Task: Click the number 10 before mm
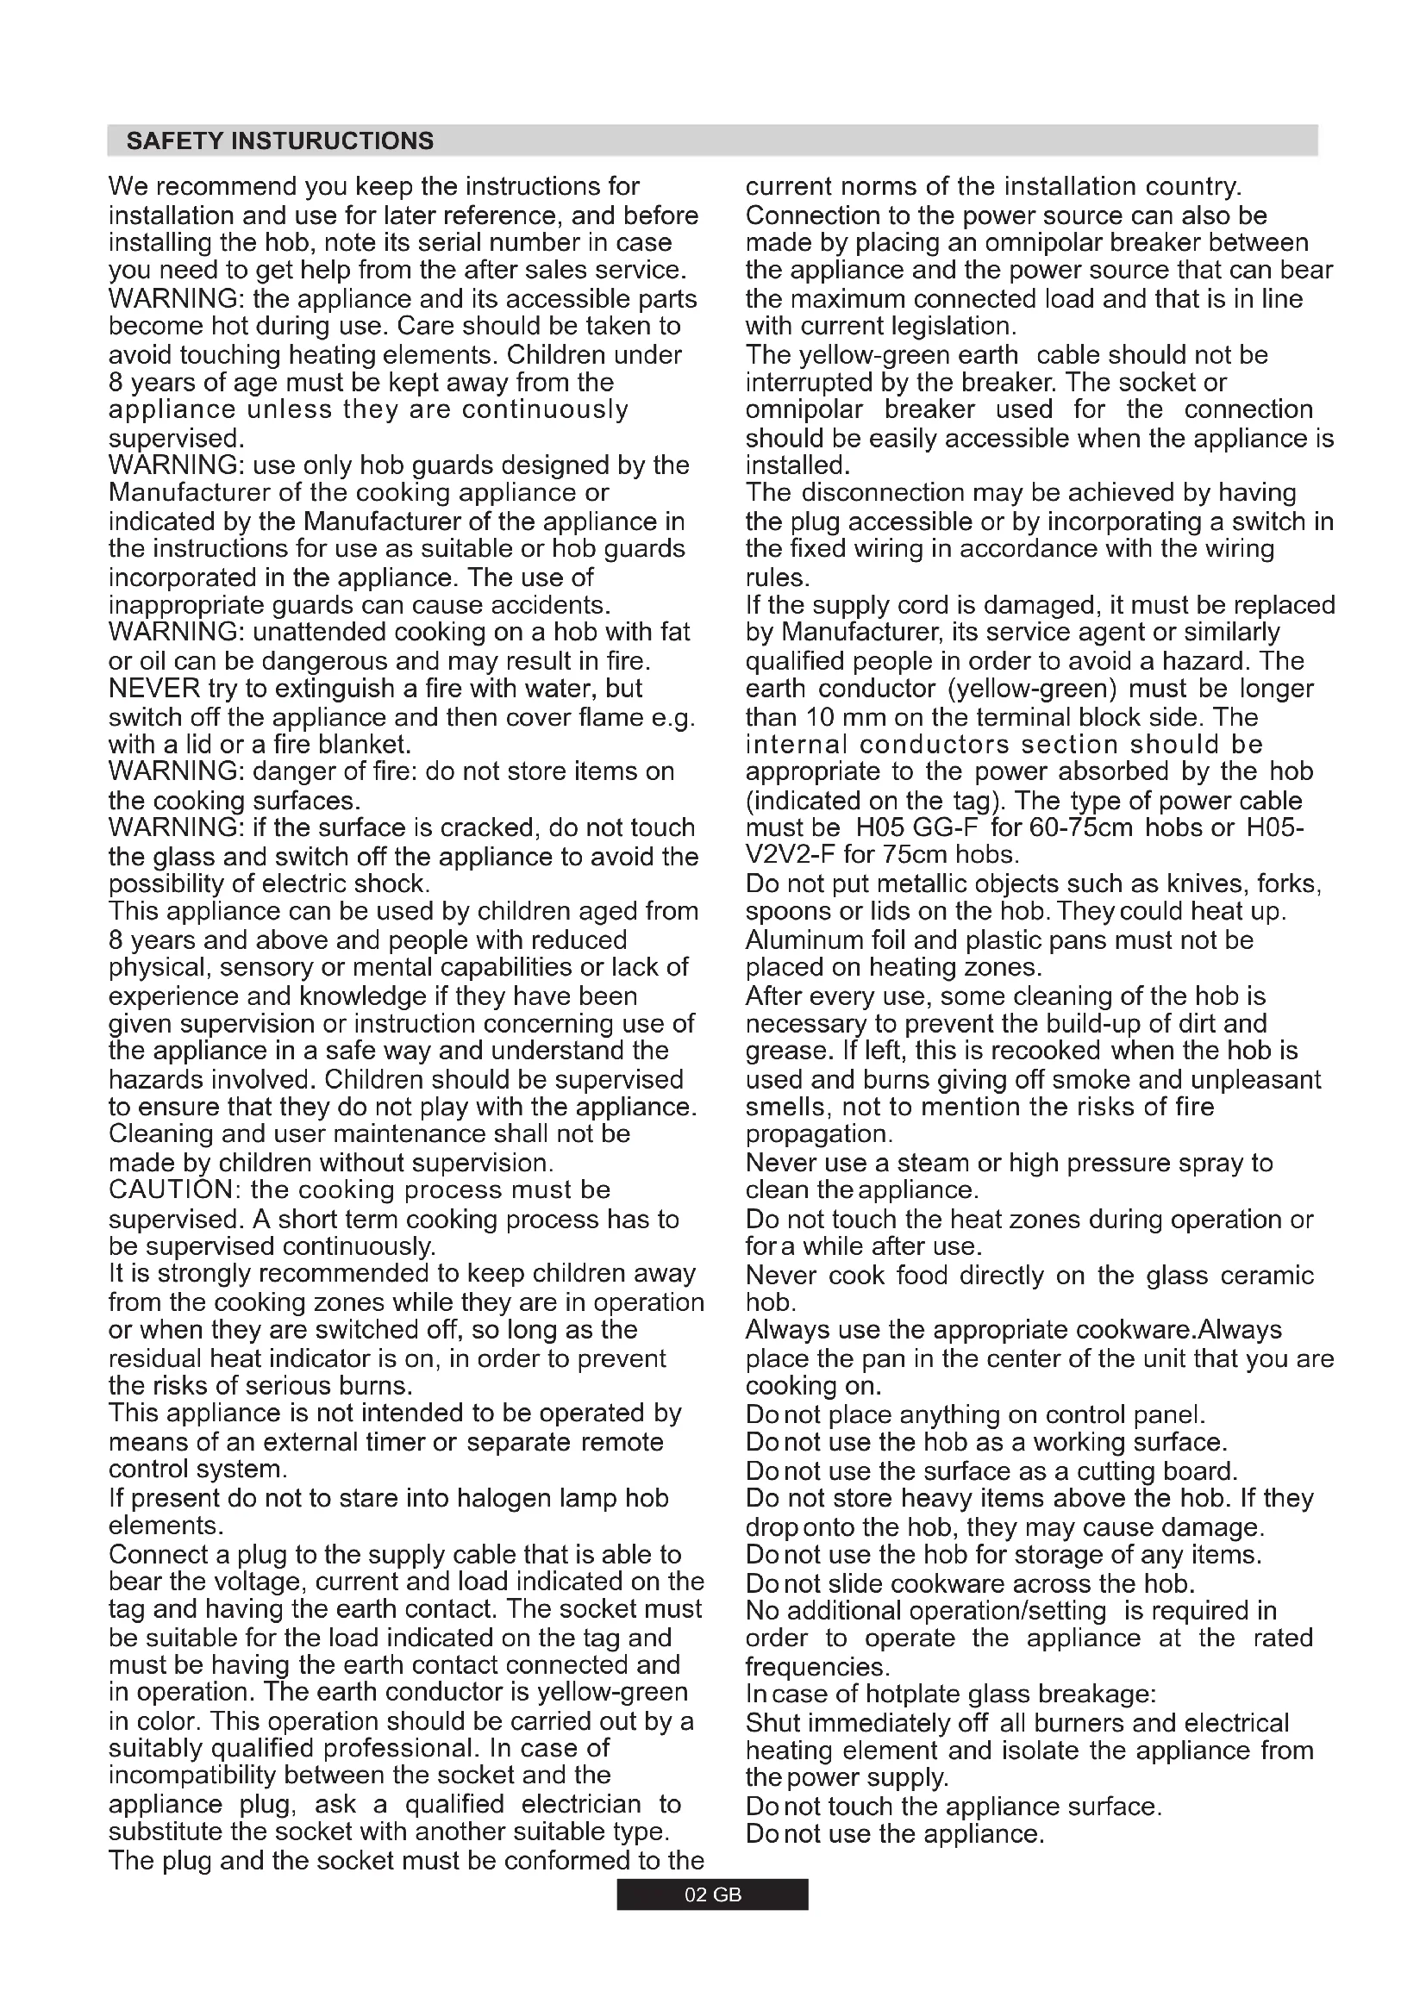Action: pyautogui.click(x=819, y=716)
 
